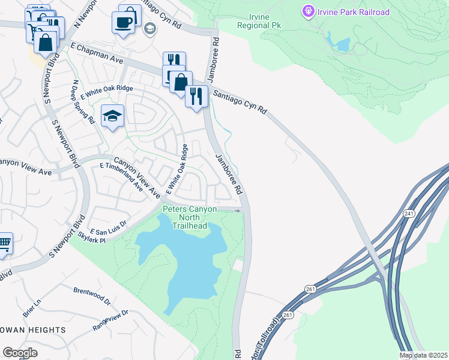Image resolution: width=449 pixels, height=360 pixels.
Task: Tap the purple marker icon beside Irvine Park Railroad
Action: pyautogui.click(x=309, y=11)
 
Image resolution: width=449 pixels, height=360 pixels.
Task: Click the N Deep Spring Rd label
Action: pyautogui.click(x=83, y=102)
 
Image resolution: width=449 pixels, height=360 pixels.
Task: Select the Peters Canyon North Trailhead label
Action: pyautogui.click(x=190, y=217)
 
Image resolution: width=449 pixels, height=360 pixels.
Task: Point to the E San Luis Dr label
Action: pyautogui.click(x=109, y=227)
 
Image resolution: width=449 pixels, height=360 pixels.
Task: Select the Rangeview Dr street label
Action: pyautogui.click(x=111, y=320)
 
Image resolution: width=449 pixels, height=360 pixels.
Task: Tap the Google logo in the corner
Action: pyautogui.click(x=20, y=352)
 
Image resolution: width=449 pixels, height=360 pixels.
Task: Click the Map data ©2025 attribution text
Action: pyautogui.click(x=423, y=355)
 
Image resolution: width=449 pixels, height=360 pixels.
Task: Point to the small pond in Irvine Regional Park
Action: pyautogui.click(x=343, y=44)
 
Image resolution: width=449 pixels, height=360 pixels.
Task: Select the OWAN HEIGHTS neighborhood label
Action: pyautogui.click(x=32, y=330)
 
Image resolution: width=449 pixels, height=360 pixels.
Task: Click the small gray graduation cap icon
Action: pyautogui.click(x=149, y=28)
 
